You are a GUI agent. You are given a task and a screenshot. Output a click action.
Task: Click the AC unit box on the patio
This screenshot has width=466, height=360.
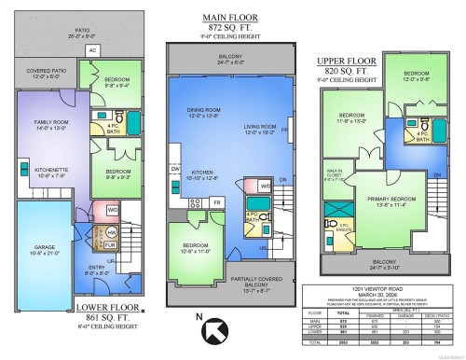tap(92, 50)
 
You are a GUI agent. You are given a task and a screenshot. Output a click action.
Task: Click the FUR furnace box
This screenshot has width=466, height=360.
tap(112, 246)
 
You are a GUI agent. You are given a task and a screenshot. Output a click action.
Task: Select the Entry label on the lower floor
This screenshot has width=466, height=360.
tap(95, 271)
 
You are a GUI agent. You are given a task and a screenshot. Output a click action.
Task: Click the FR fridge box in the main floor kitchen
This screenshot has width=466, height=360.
tap(217, 202)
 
